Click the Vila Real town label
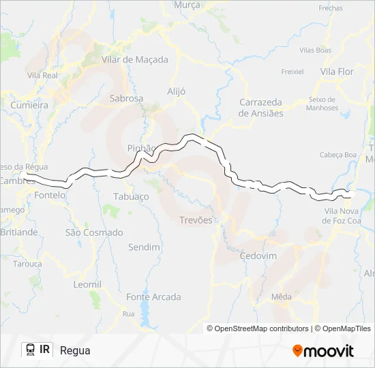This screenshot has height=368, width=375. (42, 75)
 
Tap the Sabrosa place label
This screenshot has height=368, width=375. (126, 98)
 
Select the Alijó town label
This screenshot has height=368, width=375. (177, 91)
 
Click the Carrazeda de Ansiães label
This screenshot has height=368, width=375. (261, 108)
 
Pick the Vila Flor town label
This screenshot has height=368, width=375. (337, 72)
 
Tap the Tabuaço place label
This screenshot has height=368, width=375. (131, 196)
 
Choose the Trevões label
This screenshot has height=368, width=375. (196, 220)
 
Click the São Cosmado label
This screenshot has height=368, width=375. (94, 232)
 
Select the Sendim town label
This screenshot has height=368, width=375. (144, 247)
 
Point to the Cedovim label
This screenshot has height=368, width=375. (258, 256)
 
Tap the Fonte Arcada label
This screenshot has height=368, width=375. (153, 297)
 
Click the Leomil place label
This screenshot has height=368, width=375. (87, 284)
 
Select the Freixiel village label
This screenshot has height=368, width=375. (292, 71)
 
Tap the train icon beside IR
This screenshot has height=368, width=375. (31, 350)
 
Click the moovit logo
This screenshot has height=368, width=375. (323, 350)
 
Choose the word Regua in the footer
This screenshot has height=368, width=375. (75, 350)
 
